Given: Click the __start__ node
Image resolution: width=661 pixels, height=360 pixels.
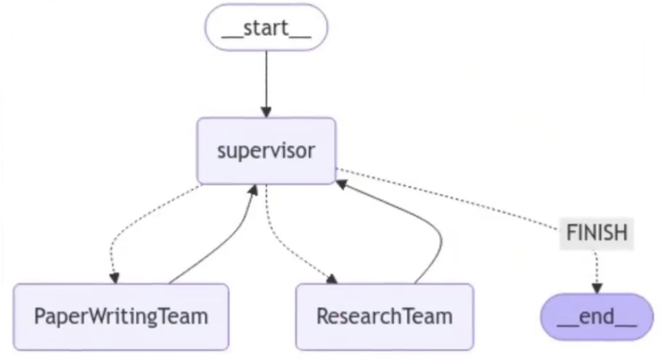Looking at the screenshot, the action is (266, 27).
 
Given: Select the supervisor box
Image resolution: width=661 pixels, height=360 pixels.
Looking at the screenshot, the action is (266, 151).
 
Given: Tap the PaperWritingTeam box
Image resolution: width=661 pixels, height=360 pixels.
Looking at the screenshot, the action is (121, 317).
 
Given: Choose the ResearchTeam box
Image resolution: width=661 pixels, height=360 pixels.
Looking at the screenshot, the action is (385, 317).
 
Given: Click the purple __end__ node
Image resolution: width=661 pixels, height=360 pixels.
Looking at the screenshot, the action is (597, 317).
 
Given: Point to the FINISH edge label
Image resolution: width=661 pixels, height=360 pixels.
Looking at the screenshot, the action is (597, 233).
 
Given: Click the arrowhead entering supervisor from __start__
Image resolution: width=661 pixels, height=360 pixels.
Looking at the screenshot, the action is (266, 112).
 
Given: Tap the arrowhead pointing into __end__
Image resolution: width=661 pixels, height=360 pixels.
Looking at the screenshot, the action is (597, 288).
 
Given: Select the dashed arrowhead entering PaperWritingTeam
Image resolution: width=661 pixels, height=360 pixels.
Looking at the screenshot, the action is (114, 278).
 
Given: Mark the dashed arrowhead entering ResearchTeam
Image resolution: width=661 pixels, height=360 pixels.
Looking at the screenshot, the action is (332, 279).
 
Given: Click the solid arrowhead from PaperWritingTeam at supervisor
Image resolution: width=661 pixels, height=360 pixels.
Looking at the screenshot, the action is (253, 190).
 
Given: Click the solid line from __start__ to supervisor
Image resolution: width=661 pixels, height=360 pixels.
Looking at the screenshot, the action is (266, 79).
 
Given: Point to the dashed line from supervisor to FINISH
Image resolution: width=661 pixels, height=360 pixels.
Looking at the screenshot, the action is (447, 199).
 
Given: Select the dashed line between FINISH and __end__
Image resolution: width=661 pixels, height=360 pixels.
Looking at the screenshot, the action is (596, 267).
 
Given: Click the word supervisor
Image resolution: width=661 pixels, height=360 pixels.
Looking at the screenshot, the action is (266, 151).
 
